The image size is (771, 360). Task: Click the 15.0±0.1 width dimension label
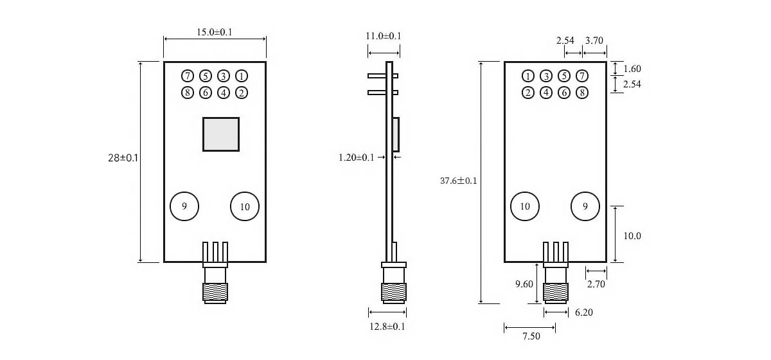pos(215,32)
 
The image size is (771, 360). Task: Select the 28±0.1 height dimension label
pos(123,157)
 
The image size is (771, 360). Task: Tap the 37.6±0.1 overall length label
pos(459,181)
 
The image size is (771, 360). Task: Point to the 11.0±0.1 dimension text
pos(383,36)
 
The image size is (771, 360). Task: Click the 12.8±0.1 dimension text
pos(387,326)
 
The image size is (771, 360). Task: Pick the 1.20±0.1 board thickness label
pos(356,157)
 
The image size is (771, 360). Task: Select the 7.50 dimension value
pos(531,336)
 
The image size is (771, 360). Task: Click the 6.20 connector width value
pos(584,312)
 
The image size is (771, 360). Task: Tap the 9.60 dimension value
pos(524,284)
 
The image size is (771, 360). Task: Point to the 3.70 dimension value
pos(594,40)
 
